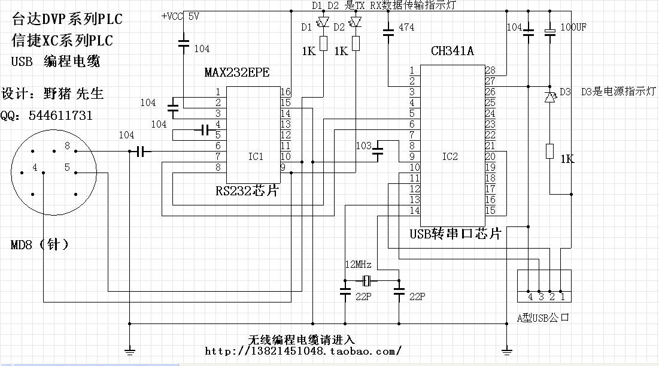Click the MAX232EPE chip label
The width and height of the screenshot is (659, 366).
point(236,73)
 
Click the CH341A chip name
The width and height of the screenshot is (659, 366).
point(452,51)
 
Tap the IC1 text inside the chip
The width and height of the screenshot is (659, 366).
point(256,156)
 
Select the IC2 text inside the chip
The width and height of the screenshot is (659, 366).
point(450,156)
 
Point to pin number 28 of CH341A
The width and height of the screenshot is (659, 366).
point(490,70)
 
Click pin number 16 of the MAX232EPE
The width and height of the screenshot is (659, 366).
point(286,92)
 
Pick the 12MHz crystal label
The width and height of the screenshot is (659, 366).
point(358,265)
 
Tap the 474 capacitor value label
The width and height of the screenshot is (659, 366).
point(406,28)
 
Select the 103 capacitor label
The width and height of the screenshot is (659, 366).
point(363,146)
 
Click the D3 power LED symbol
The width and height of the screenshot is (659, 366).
point(550,96)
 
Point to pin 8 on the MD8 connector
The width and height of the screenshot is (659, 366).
point(67,146)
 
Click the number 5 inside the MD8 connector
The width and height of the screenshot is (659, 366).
point(67,168)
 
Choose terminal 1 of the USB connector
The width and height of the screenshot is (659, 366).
point(562,296)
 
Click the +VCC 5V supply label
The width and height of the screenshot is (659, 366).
point(180,16)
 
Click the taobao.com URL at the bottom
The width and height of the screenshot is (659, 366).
point(303,350)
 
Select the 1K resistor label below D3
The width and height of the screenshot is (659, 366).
point(567,159)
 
